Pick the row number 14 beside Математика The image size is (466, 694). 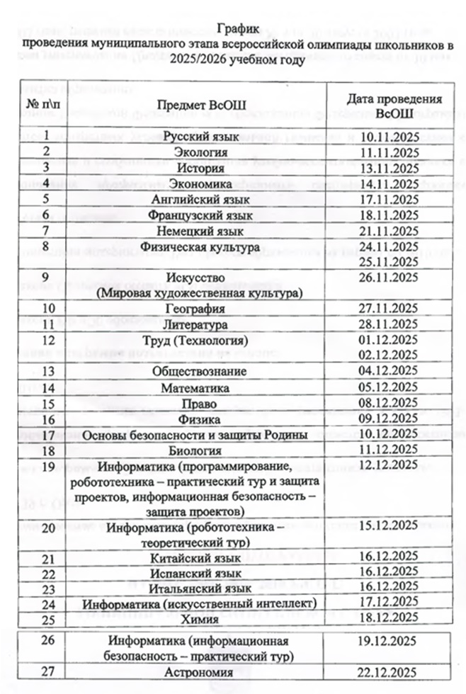(48, 387)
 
